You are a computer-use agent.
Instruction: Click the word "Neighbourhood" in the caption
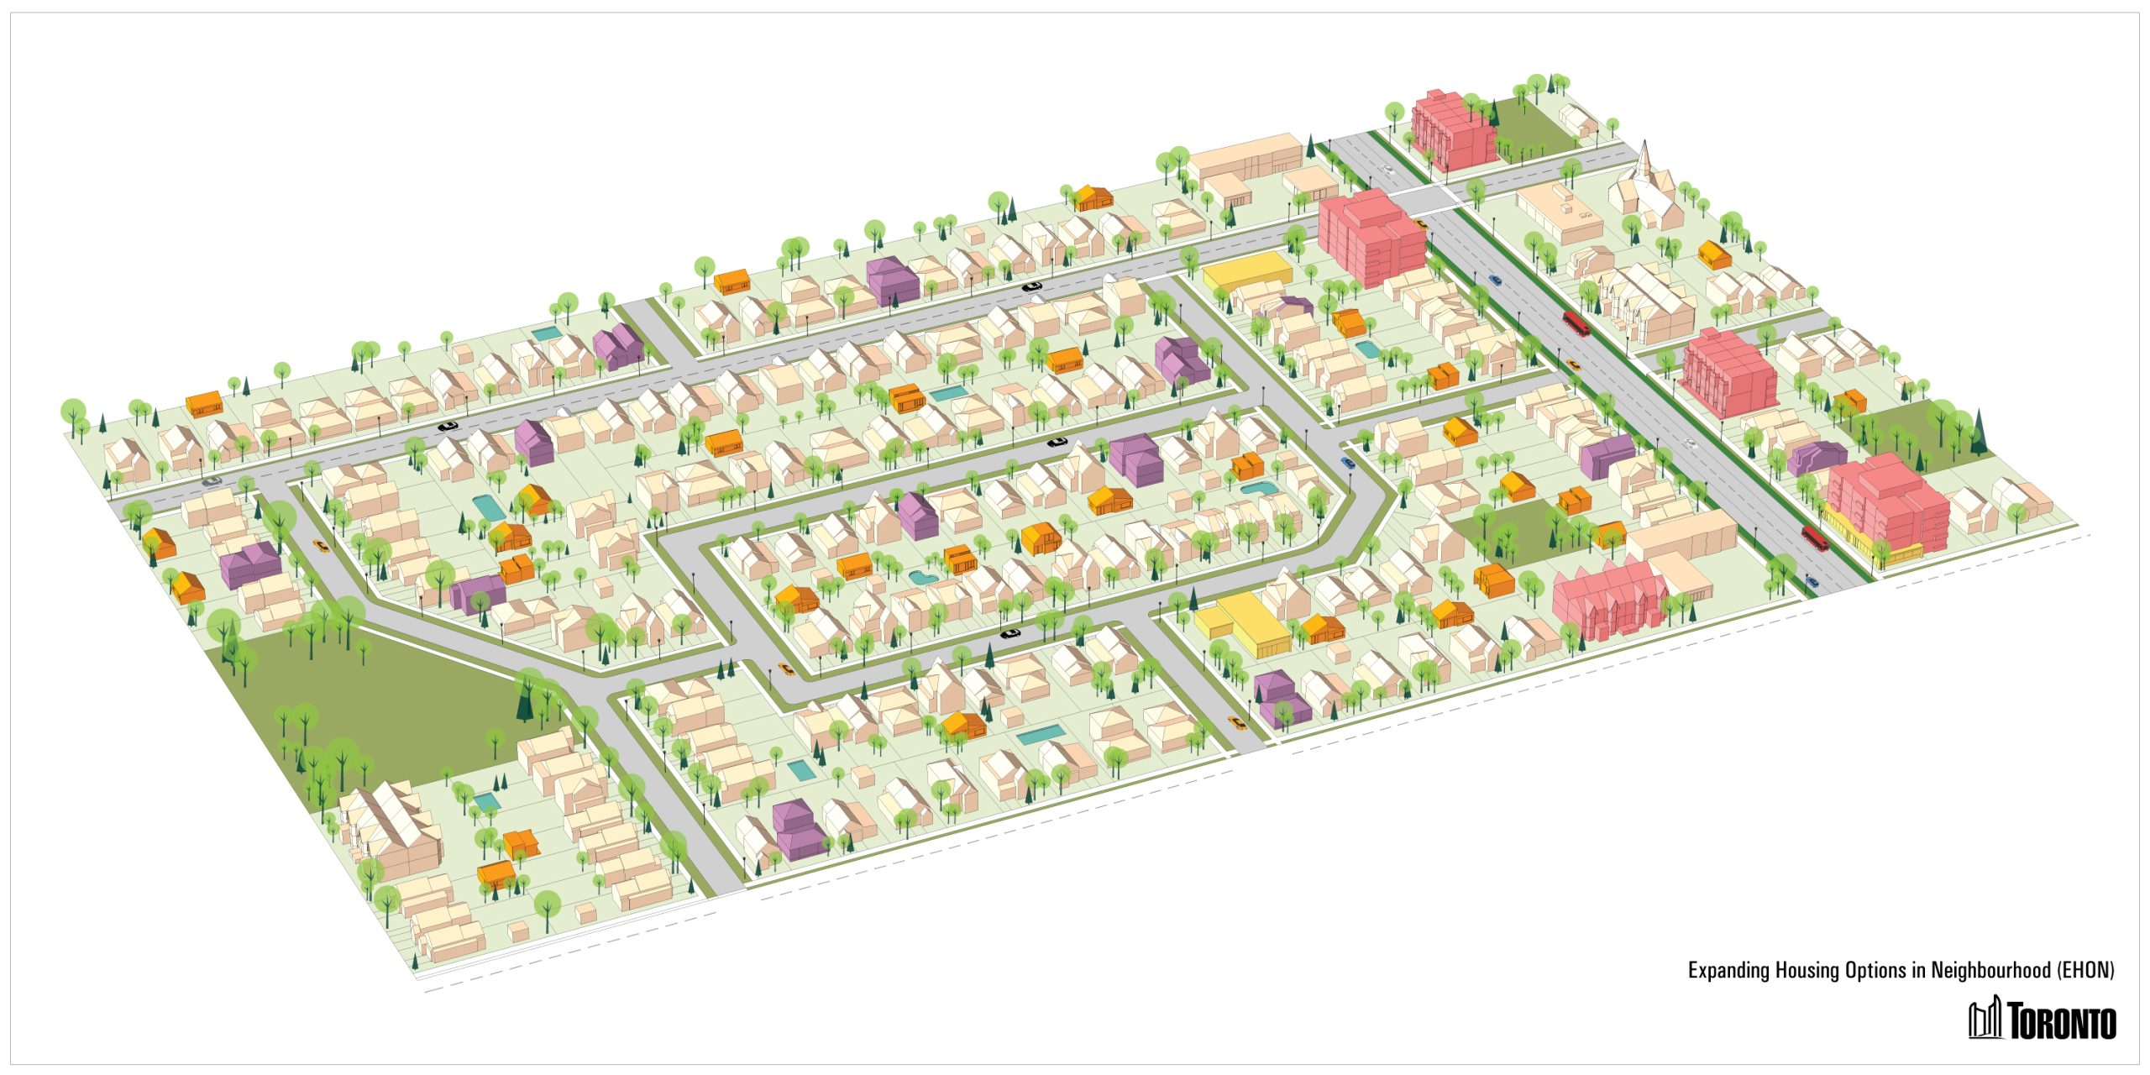1990,971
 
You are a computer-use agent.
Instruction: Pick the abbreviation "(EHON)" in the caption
2085,971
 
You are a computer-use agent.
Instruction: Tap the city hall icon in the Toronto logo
1985,1019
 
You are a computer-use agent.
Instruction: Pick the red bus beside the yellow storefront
1815,537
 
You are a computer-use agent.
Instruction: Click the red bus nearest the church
1576,322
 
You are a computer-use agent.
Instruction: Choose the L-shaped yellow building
1243,622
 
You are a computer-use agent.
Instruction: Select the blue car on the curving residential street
1348,462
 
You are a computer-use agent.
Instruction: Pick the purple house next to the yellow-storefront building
1818,458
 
